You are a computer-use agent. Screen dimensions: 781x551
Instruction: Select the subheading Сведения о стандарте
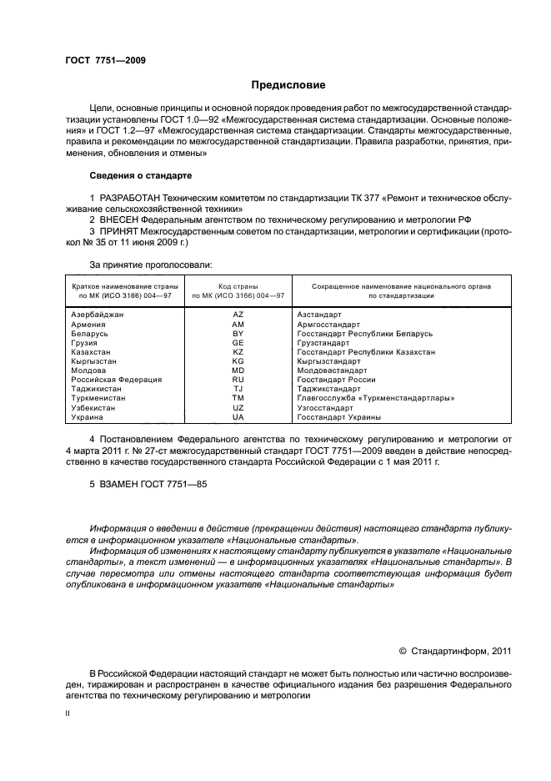(x=140, y=176)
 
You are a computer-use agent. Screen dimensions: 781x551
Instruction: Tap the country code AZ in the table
(x=238, y=315)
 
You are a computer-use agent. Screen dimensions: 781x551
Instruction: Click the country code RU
(x=238, y=380)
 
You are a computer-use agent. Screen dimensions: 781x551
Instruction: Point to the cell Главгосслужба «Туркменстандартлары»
(x=375, y=398)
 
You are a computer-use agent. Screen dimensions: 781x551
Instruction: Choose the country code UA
(x=238, y=417)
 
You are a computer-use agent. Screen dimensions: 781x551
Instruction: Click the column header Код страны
(x=238, y=286)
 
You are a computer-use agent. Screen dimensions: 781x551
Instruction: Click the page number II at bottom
(x=68, y=715)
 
